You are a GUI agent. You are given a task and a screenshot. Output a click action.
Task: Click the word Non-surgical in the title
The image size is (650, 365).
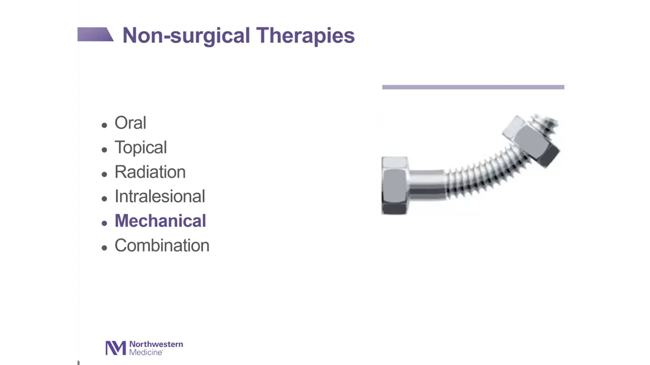pyautogui.click(x=186, y=35)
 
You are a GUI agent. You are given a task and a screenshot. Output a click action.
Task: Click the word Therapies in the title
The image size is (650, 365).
pyautogui.click(x=305, y=35)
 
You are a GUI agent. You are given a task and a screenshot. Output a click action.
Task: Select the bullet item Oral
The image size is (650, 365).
pyautogui.click(x=130, y=123)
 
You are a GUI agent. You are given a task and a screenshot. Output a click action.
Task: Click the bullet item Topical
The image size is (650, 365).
pyautogui.click(x=140, y=147)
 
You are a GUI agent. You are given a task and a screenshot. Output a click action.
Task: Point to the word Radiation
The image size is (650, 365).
pyautogui.click(x=150, y=172)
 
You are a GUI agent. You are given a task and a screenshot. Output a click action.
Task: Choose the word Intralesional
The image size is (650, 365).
pyautogui.click(x=160, y=196)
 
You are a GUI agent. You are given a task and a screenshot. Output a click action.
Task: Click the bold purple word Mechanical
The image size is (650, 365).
pyautogui.click(x=160, y=221)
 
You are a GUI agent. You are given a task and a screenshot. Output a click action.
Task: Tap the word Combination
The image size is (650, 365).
pyautogui.click(x=162, y=246)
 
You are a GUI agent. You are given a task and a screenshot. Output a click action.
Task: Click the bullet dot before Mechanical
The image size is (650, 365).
pyautogui.click(x=104, y=223)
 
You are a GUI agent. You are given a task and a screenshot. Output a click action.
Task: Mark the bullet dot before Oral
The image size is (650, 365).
pyautogui.click(x=104, y=125)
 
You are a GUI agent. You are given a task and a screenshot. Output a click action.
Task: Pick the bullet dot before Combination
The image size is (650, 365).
pyautogui.click(x=104, y=248)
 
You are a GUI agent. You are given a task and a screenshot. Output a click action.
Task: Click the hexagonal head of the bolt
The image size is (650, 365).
pyautogui.click(x=395, y=185)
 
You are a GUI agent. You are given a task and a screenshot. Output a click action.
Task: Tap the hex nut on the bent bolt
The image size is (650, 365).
pyautogui.click(x=532, y=142)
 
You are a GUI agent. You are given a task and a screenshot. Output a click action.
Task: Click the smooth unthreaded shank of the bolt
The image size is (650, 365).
pyautogui.click(x=427, y=185)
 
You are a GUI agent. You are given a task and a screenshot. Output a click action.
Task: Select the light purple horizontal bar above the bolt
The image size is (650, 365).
pyautogui.click(x=473, y=87)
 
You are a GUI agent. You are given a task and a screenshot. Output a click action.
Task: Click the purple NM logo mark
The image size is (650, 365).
pyautogui.click(x=115, y=348)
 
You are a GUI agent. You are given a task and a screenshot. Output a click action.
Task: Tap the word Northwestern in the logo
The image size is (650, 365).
pyautogui.click(x=156, y=344)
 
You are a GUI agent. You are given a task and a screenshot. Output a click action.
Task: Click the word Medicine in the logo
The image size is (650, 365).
pyautogui.click(x=146, y=352)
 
